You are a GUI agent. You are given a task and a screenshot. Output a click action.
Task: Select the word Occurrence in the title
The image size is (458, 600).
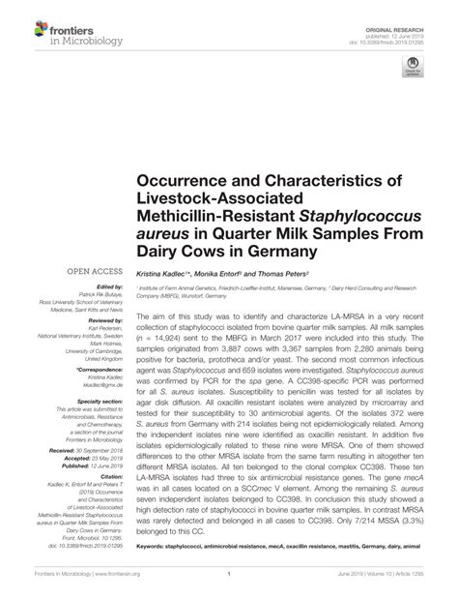[192, 181]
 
